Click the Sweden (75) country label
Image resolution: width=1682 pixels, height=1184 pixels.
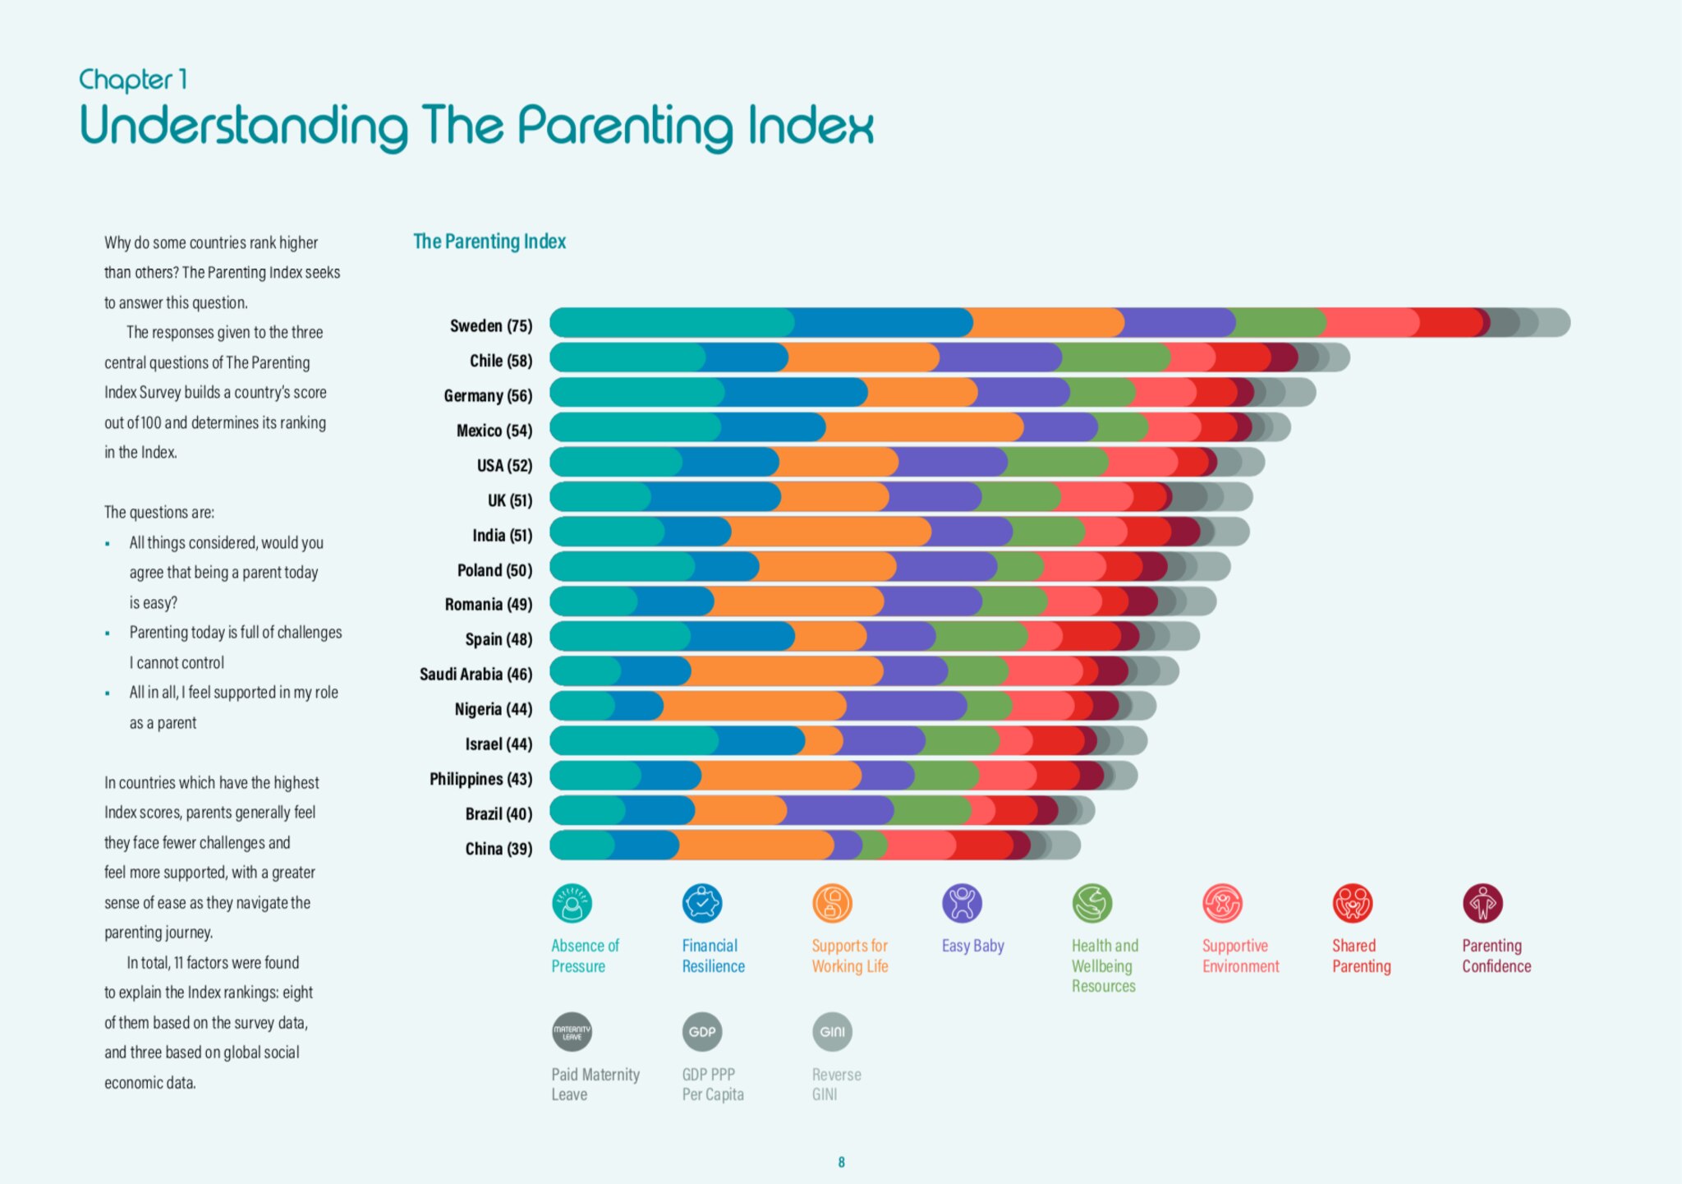click(490, 326)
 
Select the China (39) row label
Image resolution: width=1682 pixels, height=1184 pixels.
click(498, 849)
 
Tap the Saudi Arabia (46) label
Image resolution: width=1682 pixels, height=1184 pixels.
click(476, 675)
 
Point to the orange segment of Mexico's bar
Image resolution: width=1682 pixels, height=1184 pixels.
click(924, 427)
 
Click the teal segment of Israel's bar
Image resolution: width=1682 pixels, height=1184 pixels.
click(632, 741)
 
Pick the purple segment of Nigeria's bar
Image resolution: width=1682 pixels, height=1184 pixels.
click(905, 706)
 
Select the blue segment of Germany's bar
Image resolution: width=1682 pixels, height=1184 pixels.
click(795, 393)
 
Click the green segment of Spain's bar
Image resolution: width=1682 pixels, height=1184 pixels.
click(980, 636)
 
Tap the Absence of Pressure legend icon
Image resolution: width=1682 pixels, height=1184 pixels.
click(572, 904)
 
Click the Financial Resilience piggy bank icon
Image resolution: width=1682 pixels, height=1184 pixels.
click(702, 904)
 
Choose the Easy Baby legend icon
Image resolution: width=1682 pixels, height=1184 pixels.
click(962, 904)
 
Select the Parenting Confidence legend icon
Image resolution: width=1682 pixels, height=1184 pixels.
click(1482, 904)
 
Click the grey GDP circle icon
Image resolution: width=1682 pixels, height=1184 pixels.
click(702, 1032)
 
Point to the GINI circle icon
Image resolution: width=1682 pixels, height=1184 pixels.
click(832, 1032)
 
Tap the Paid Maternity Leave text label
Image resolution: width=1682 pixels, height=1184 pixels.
click(595, 1085)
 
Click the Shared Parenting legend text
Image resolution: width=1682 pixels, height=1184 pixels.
click(1361, 956)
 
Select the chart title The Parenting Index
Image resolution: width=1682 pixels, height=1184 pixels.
click(489, 242)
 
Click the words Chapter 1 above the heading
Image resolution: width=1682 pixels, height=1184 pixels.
click(133, 80)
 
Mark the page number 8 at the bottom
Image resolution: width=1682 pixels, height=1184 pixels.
click(841, 1162)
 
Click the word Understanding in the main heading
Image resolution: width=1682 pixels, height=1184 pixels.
click(243, 127)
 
